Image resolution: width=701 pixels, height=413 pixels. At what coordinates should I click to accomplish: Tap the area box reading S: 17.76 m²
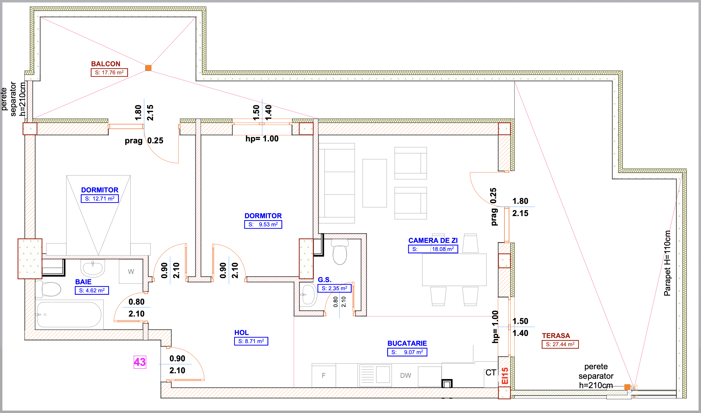click(x=109, y=72)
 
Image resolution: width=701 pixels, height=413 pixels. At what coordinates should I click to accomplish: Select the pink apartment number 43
click(x=140, y=362)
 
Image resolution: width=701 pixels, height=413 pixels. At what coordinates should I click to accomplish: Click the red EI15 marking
click(x=505, y=376)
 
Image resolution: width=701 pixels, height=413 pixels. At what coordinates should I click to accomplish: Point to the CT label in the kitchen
click(x=491, y=373)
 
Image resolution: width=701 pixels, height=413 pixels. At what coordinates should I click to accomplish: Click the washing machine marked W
click(x=131, y=271)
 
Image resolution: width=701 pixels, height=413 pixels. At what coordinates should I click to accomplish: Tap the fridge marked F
click(x=324, y=375)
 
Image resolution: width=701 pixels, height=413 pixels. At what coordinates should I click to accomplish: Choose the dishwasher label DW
click(x=406, y=375)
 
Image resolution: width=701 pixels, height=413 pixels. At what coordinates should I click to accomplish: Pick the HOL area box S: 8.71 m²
click(x=251, y=341)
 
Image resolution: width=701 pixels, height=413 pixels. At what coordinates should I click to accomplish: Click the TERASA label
click(x=556, y=336)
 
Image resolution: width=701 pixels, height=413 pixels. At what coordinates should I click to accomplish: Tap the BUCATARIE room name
click(x=407, y=343)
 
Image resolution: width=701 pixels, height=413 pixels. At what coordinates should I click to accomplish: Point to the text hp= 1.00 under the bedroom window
click(x=262, y=139)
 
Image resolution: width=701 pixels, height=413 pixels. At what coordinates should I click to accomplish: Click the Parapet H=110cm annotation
click(x=667, y=263)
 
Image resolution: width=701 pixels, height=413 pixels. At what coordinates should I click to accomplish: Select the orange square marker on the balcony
click(x=148, y=68)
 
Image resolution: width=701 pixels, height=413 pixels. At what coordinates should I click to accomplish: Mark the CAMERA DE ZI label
click(x=433, y=240)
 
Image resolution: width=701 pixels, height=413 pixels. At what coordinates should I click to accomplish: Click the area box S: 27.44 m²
click(x=560, y=344)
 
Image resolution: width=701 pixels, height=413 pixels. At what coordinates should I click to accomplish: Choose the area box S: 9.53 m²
click(x=263, y=224)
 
